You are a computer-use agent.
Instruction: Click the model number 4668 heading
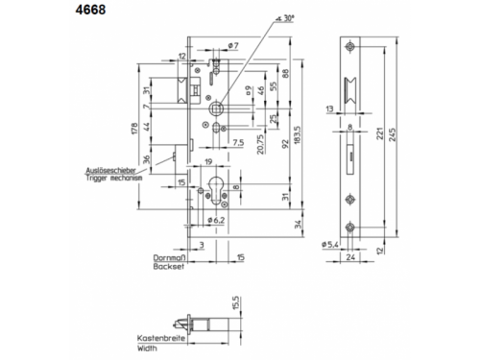[x=22, y=13]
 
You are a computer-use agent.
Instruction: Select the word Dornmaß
[x=167, y=257]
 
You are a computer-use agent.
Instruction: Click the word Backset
[x=167, y=268]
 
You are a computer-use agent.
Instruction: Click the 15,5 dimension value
[x=233, y=306]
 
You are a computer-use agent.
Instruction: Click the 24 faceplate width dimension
[x=354, y=257]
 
